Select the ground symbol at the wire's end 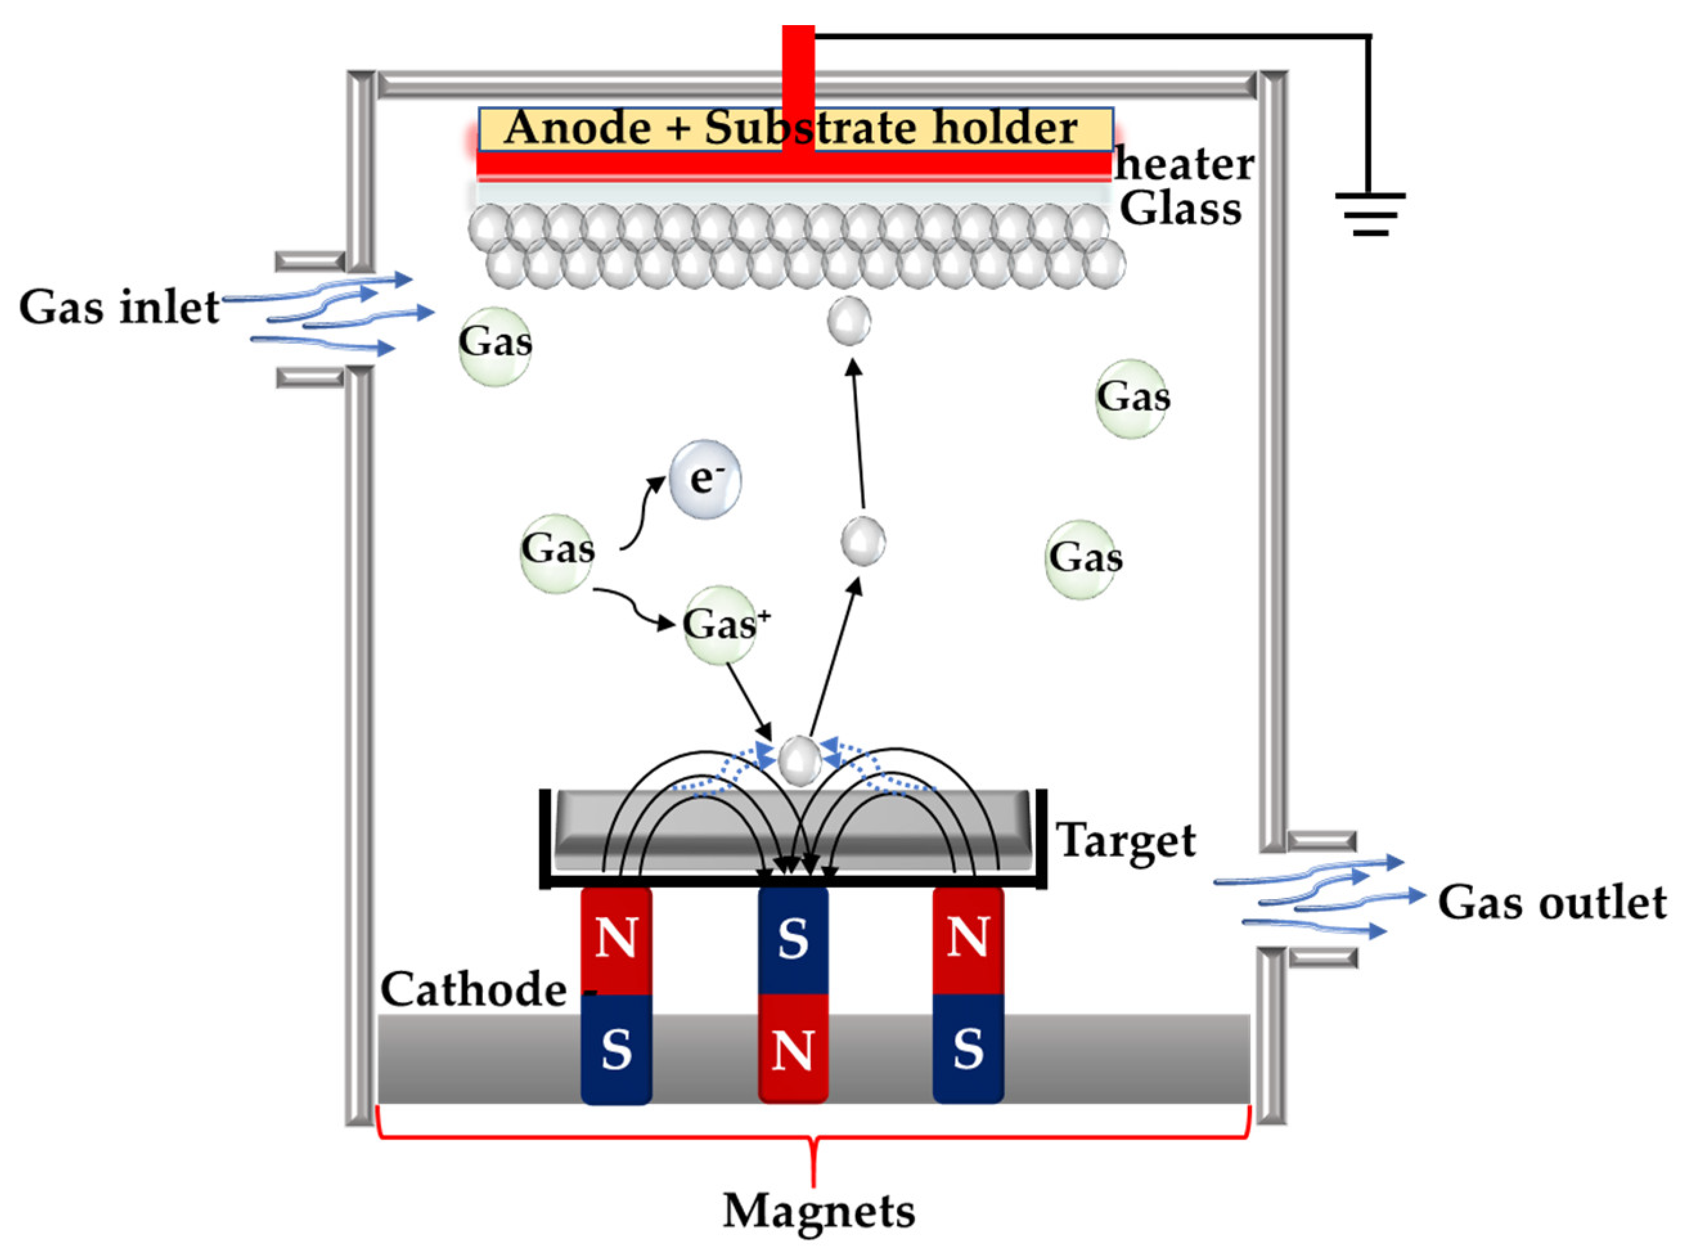click(x=1369, y=213)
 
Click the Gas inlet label click(x=119, y=307)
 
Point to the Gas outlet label click(x=1551, y=902)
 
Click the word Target click(x=1125, y=841)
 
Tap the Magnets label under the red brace click(x=818, y=1211)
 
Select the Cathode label click(x=473, y=989)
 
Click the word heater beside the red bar click(x=1184, y=164)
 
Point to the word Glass click(x=1180, y=209)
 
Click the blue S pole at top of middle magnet click(x=793, y=940)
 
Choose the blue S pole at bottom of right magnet click(x=968, y=1049)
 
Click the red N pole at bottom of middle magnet click(x=793, y=1049)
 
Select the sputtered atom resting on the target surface click(x=798, y=760)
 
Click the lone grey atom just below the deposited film click(x=849, y=321)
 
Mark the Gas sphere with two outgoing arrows click(x=557, y=552)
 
